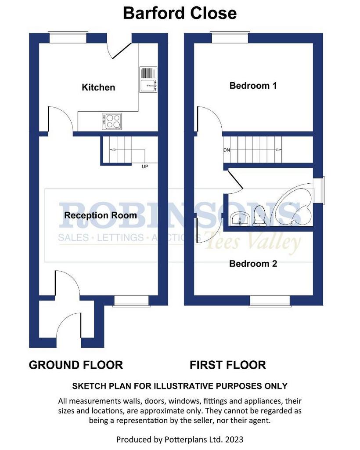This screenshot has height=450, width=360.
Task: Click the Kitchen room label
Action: (x=98, y=87)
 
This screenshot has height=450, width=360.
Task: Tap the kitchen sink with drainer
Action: (x=148, y=80)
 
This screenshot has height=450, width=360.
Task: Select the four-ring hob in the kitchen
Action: (x=112, y=121)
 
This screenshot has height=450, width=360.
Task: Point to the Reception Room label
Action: (x=101, y=215)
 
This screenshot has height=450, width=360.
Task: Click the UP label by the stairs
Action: (x=145, y=167)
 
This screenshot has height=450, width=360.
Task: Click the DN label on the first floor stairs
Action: (x=227, y=150)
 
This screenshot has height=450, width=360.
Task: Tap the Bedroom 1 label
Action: (x=253, y=86)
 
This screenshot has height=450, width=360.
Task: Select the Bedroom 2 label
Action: (x=253, y=264)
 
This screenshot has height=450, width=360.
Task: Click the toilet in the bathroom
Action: (x=259, y=215)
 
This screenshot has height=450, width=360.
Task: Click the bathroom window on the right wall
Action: (x=319, y=191)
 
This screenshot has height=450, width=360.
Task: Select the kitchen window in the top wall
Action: (x=67, y=37)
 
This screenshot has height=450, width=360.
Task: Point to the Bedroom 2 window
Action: (x=270, y=301)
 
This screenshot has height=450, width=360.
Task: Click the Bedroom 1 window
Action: (x=230, y=37)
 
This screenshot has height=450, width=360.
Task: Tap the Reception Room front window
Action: (x=132, y=301)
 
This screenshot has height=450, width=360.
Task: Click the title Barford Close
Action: (x=180, y=13)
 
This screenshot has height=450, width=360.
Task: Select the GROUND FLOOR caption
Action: (x=76, y=365)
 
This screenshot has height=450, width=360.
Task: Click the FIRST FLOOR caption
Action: (x=228, y=365)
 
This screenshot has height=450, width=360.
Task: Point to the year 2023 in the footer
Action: (x=234, y=439)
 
